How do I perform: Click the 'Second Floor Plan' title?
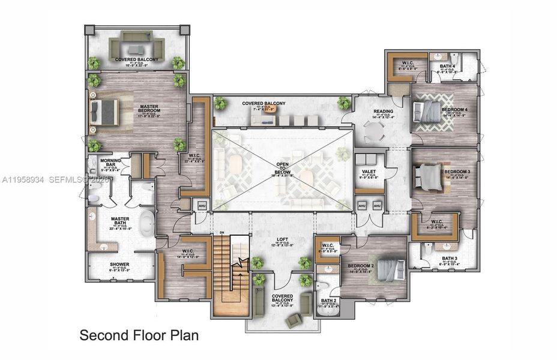[139, 335]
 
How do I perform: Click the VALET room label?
[368, 172]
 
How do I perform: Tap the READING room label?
[384, 112]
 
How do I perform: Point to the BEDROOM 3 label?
[456, 172]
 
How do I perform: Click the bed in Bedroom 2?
[391, 268]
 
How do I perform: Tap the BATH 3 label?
[450, 259]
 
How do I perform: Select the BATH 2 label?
[328, 301]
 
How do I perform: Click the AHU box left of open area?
[201, 205]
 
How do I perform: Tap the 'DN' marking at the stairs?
[222, 233]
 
